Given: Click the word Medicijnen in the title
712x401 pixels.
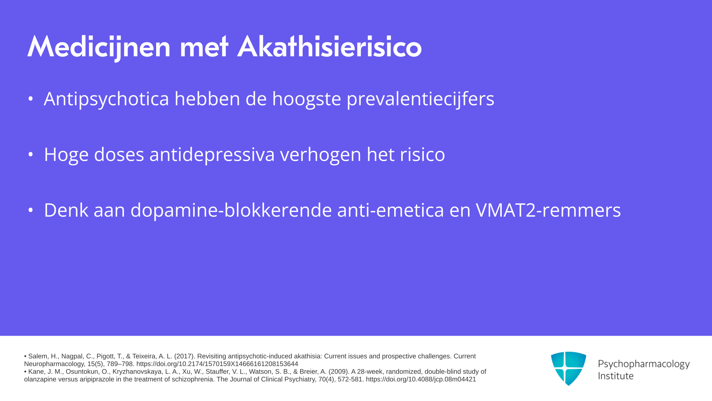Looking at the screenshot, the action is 99,48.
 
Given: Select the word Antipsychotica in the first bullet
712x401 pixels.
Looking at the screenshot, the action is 106,99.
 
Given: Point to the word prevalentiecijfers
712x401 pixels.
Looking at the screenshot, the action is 421,99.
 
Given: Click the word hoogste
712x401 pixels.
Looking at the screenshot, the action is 307,99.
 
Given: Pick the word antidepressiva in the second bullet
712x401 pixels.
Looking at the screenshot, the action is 212,155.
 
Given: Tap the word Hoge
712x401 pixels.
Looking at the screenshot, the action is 66,155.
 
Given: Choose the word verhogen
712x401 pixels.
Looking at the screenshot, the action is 321,155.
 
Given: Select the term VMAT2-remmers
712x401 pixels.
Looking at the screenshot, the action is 548,210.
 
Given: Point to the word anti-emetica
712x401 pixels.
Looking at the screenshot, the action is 391,210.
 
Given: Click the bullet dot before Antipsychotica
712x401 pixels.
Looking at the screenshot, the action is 31,99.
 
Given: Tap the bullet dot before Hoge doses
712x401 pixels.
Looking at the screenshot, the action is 31,154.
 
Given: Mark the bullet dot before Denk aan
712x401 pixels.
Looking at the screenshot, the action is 31,210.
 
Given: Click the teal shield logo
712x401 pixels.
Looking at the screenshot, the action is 568,368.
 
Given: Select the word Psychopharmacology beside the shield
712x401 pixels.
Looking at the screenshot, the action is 644,364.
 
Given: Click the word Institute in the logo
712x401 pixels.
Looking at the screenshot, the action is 616,376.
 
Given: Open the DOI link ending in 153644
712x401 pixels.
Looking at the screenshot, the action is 217,364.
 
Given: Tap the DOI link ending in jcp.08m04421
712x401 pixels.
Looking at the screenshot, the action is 421,379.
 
